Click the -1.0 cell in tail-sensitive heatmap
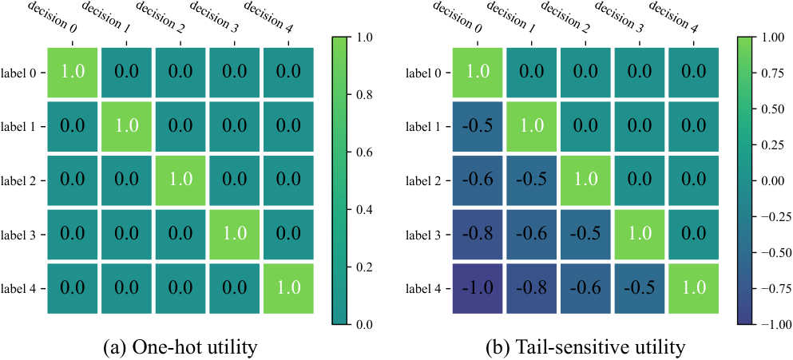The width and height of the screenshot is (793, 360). (x=478, y=289)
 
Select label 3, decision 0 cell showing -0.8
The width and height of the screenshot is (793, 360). (x=478, y=235)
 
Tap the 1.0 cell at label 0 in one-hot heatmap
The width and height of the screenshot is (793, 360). (x=73, y=73)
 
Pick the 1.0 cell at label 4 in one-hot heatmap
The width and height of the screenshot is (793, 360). (x=288, y=289)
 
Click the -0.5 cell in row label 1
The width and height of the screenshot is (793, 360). (x=478, y=126)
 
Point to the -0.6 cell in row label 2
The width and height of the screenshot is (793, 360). (x=478, y=180)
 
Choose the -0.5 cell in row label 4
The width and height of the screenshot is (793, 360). (x=639, y=289)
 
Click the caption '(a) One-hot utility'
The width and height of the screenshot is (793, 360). (x=180, y=348)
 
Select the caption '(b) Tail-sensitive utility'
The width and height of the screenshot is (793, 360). (x=585, y=348)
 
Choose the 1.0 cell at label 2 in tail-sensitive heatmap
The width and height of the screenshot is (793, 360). (x=585, y=180)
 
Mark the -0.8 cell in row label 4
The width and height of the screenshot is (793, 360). (x=531, y=289)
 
